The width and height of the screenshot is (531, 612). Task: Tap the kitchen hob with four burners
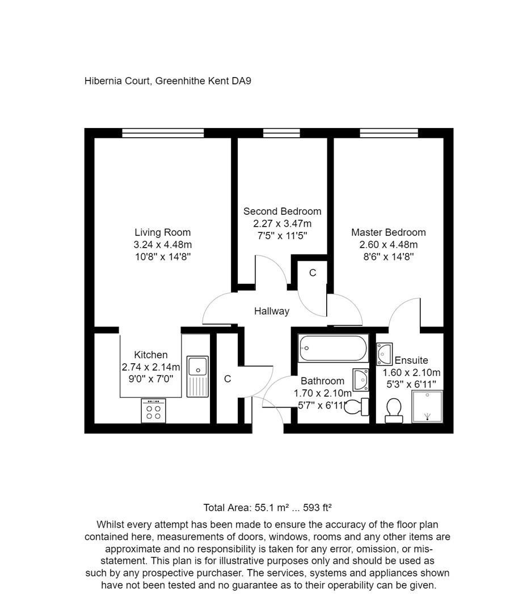tap(153, 411)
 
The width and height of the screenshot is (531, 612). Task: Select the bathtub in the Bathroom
tap(333, 348)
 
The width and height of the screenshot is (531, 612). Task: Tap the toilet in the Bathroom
tap(357, 406)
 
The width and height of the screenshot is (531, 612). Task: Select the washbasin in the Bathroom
tap(361, 378)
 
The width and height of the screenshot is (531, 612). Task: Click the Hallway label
tap(271, 311)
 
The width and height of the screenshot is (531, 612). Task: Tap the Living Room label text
tap(162, 232)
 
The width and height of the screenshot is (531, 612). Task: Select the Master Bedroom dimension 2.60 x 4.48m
tap(388, 245)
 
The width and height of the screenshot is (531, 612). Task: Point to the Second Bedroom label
tap(282, 211)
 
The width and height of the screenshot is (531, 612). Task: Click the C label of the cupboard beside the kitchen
tap(227, 379)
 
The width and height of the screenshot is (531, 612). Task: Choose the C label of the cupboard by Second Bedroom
tap(312, 273)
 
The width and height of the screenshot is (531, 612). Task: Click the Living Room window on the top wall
tap(163, 133)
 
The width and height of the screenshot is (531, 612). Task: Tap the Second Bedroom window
tap(281, 133)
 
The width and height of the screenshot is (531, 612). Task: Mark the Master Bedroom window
tap(389, 133)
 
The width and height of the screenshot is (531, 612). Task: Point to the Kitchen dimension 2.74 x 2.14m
tap(150, 367)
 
